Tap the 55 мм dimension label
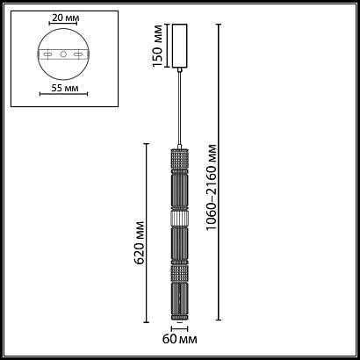tap(62, 90)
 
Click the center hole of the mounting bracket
tap(62, 54)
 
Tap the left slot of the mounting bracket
tap(47, 54)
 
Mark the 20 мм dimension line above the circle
tap(62, 27)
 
